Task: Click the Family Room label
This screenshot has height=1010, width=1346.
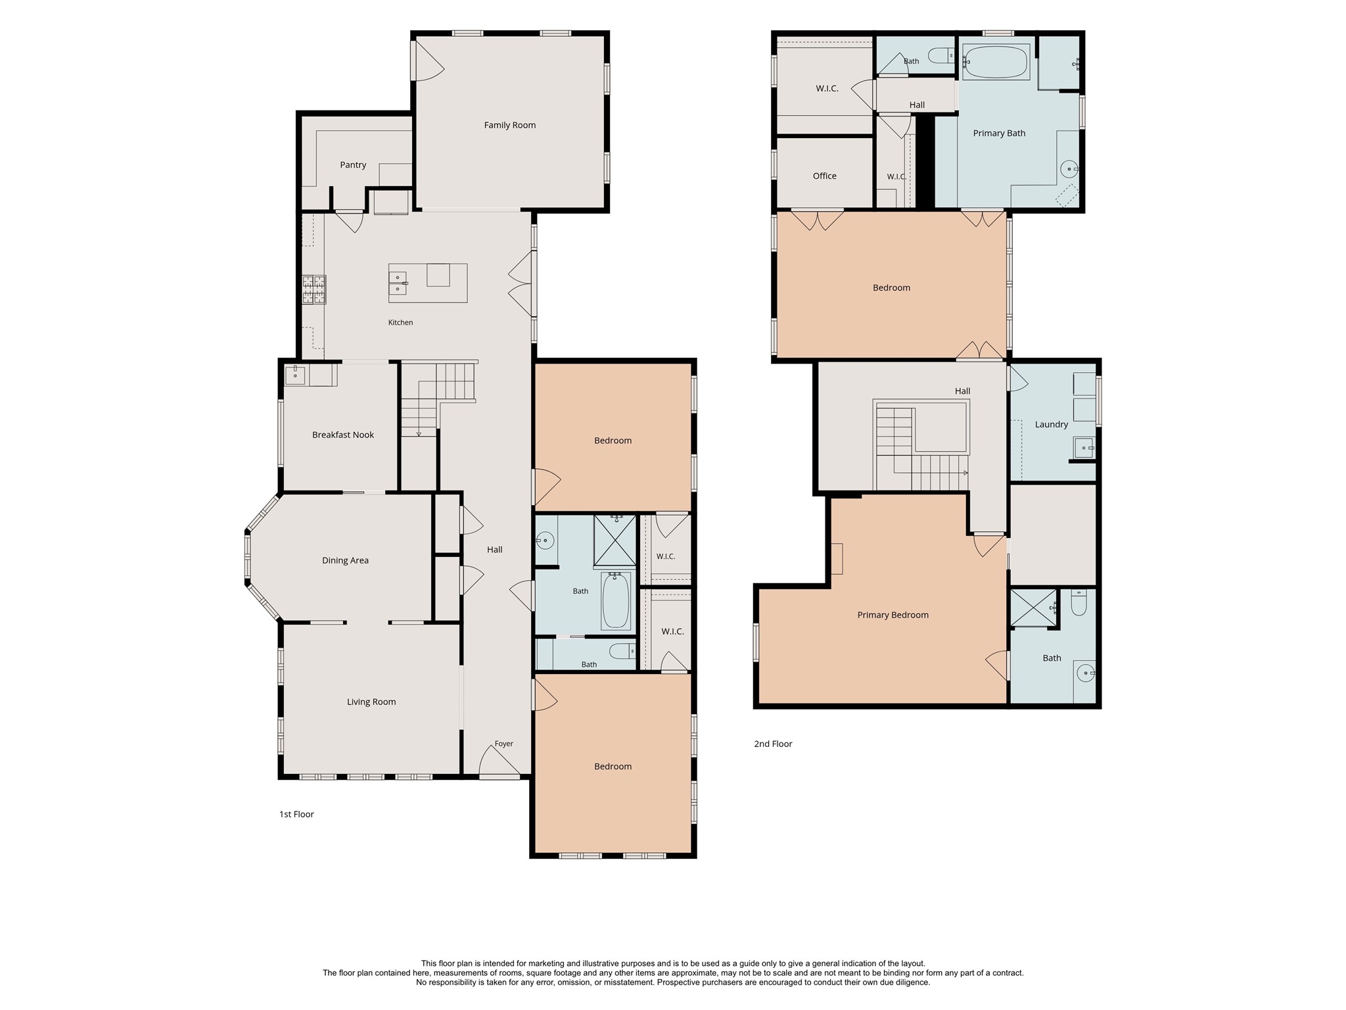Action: coord(509,125)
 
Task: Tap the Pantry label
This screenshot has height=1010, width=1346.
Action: coord(353,165)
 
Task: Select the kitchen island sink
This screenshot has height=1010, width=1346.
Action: coord(398,283)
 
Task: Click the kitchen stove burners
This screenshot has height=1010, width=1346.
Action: coord(313,289)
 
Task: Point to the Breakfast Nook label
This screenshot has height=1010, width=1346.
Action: coord(343,435)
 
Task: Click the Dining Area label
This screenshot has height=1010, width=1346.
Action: coord(345,560)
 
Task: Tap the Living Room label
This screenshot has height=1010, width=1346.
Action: coord(371,702)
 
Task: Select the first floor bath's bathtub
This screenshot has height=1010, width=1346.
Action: coord(616,600)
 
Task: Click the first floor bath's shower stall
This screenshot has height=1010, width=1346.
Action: coord(615,541)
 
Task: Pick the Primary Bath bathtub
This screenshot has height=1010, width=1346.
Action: coord(996,62)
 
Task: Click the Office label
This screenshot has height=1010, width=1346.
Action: coord(824,176)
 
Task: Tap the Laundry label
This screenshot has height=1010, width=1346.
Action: coord(1052,424)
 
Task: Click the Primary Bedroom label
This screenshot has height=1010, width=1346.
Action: coord(893,615)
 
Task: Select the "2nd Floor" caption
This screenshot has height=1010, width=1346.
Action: coord(773,744)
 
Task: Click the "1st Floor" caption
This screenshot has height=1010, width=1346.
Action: coord(296,814)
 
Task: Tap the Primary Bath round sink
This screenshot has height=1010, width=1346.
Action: coord(1069,170)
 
